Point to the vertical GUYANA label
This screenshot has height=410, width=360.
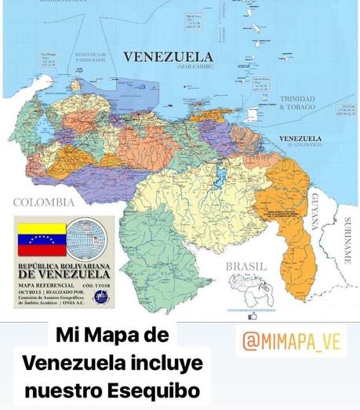click(x=314, y=210)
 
